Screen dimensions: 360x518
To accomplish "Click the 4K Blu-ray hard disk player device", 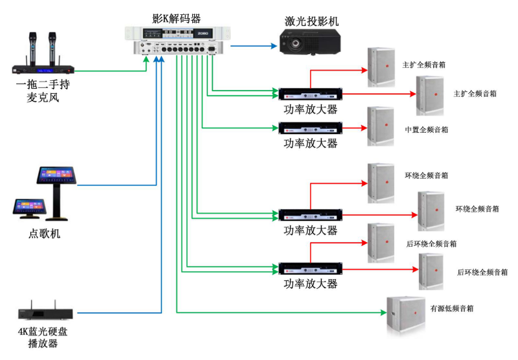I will (43, 313).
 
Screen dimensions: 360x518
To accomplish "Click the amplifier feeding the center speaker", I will (310, 128).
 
